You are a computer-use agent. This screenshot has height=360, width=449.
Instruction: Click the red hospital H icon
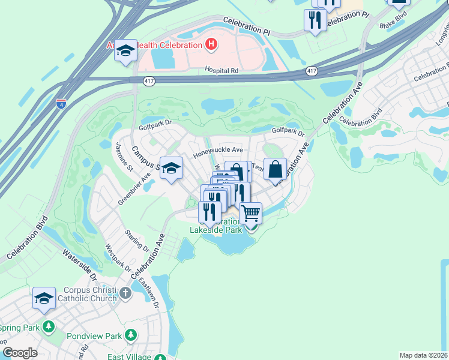[x=211, y=44]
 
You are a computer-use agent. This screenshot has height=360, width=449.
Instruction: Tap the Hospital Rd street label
[x=221, y=71]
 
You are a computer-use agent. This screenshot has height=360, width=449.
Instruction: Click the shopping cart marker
[x=251, y=213]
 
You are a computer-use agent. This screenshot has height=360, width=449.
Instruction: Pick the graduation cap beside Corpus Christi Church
[x=44, y=298]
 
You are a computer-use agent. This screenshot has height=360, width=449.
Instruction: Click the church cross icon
[x=125, y=293]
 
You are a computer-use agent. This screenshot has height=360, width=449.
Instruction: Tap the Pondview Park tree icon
[x=130, y=336]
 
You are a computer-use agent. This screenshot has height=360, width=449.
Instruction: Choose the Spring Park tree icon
[x=49, y=328]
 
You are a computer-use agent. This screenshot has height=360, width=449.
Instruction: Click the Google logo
[x=20, y=353]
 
